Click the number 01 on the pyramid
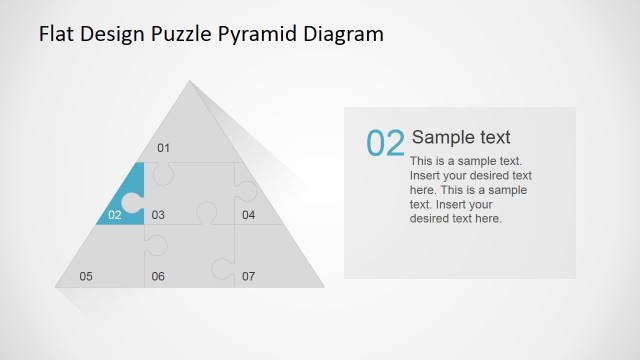point(164,149)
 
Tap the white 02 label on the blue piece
point(114,214)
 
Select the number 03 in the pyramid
point(158,214)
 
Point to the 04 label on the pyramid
point(248,214)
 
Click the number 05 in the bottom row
point(86,276)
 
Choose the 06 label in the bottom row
point(158,276)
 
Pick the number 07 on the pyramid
point(248,276)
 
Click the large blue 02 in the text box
point(385,144)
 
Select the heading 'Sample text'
point(461,138)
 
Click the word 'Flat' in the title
point(55,34)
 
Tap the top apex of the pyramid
point(190,81)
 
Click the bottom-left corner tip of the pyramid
point(57,287)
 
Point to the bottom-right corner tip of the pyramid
point(323,287)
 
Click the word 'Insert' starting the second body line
point(426,175)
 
